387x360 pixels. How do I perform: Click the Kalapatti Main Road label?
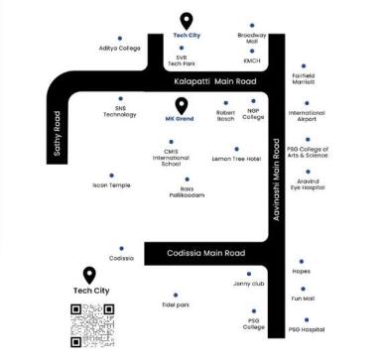coord(212,81)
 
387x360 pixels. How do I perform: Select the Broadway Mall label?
coord(252,40)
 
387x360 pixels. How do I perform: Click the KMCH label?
coord(251,61)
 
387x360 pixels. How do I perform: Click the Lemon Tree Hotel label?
coord(236,159)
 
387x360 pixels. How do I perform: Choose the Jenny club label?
coord(249,284)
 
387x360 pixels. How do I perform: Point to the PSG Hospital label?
coord(307,328)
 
